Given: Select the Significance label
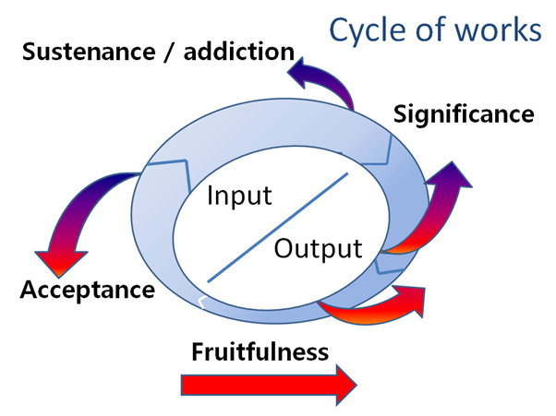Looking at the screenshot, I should tap(464, 114).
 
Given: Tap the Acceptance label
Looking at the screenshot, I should tap(88, 291).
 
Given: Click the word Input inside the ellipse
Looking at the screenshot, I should tap(239, 196).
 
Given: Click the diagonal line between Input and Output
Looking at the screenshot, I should tap(277, 227).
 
